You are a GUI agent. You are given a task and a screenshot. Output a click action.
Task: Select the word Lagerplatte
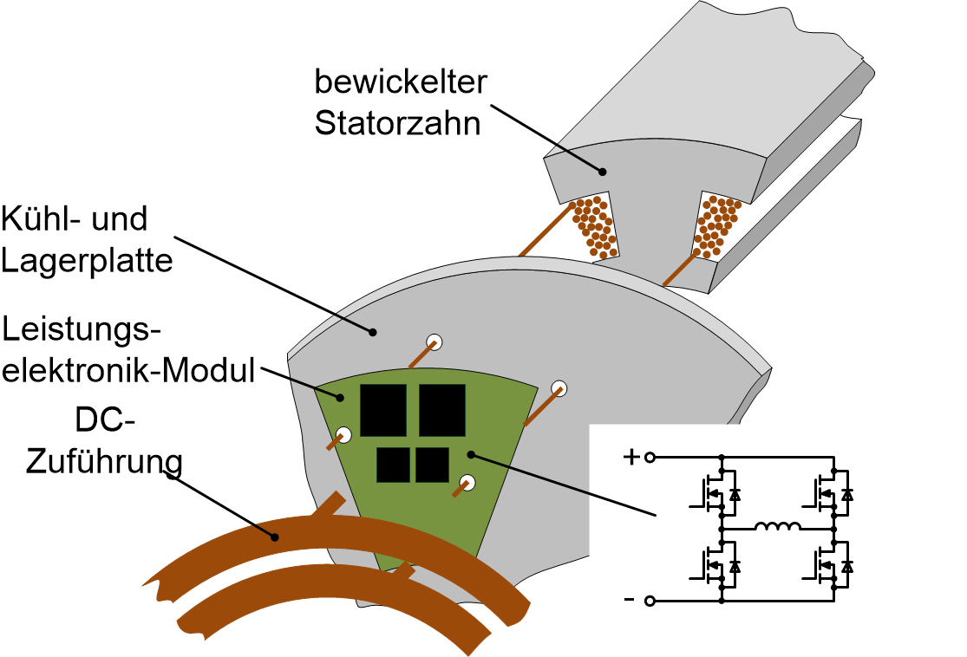(x=87, y=259)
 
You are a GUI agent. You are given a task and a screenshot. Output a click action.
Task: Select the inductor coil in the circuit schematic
(x=777, y=527)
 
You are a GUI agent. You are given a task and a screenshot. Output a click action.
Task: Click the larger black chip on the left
(x=383, y=410)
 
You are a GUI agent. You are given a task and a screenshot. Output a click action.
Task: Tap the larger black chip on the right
(x=442, y=410)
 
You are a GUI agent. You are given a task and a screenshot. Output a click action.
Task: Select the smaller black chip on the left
(x=393, y=465)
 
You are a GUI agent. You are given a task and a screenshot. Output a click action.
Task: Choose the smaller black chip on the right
(x=432, y=465)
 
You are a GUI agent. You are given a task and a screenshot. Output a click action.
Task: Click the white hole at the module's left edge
(x=344, y=435)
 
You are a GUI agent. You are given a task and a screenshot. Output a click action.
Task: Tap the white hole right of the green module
(x=560, y=390)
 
